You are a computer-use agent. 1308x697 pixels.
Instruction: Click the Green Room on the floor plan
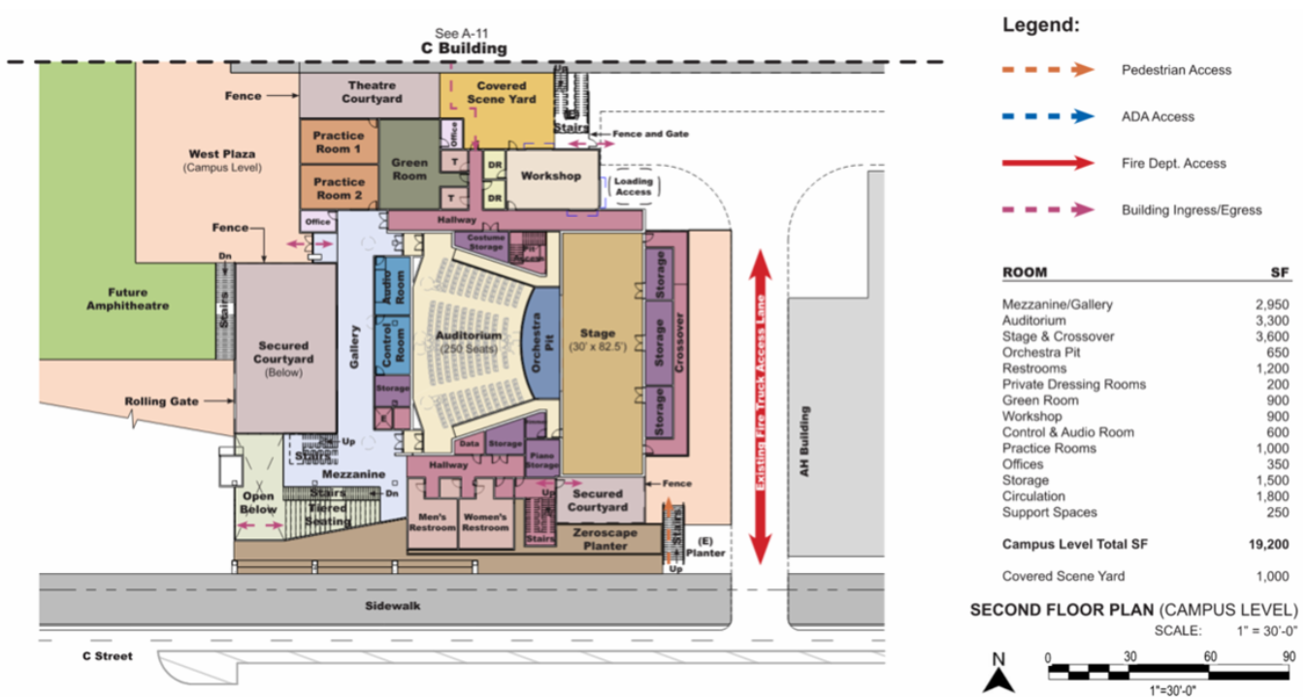click(409, 169)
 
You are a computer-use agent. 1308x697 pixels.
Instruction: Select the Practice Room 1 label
click(338, 143)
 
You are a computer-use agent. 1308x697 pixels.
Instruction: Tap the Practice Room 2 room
click(338, 188)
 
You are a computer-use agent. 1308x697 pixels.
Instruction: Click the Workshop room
click(550, 176)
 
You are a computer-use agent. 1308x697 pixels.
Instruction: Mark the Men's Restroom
click(432, 522)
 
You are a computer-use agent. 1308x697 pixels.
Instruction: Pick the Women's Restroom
click(484, 522)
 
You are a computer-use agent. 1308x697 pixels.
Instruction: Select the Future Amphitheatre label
click(127, 299)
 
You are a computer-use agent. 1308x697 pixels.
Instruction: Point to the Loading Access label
click(634, 186)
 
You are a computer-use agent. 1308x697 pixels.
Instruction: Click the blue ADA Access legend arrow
click(1048, 116)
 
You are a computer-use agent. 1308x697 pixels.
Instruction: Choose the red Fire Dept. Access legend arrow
click(1048, 163)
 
